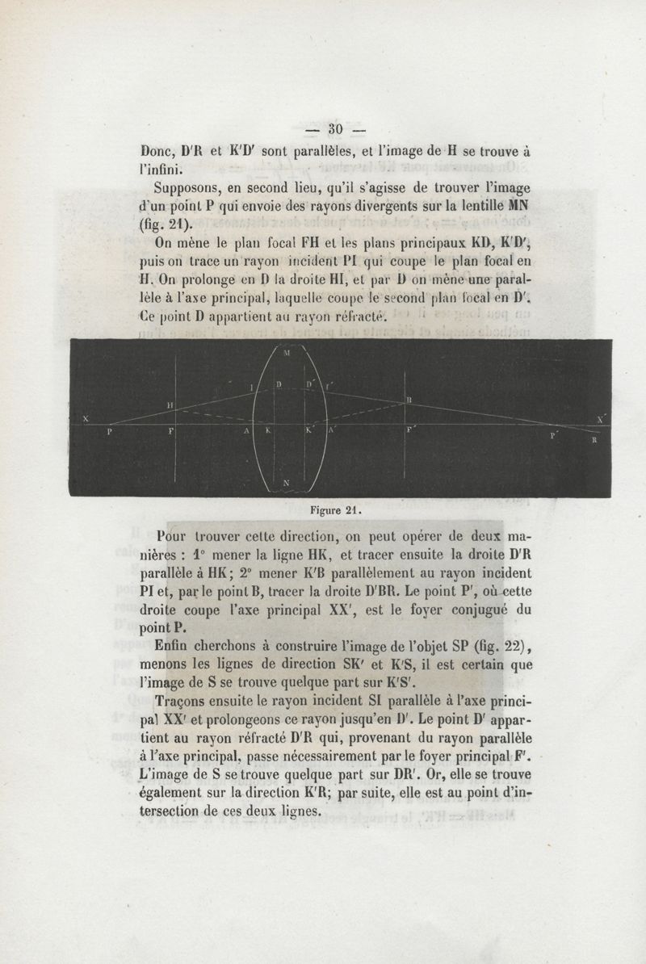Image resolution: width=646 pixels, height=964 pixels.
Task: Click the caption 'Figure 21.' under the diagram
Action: click(x=334, y=510)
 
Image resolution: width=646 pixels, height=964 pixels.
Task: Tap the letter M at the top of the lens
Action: click(x=288, y=352)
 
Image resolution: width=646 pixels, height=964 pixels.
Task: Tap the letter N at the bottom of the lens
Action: click(x=287, y=483)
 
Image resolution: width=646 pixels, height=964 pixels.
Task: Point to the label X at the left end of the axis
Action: click(x=85, y=418)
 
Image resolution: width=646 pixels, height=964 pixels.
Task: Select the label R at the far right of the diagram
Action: click(x=594, y=440)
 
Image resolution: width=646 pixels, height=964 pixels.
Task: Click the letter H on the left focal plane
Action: click(x=170, y=404)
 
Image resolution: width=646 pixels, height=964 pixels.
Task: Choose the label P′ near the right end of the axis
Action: click(x=554, y=435)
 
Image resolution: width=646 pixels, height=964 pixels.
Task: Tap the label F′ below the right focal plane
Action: click(x=410, y=432)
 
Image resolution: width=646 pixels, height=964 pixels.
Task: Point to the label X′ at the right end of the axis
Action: click(x=600, y=418)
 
